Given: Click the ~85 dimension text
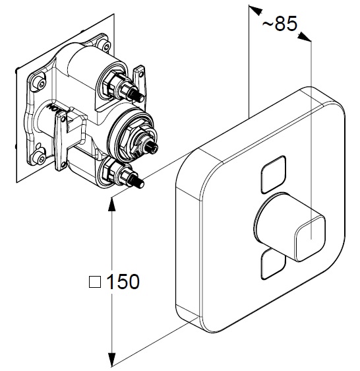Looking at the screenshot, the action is click(280, 24).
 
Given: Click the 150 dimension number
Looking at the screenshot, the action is click(123, 282).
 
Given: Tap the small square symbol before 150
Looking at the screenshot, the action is click(95, 282).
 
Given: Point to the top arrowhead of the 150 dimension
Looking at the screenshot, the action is click(111, 204).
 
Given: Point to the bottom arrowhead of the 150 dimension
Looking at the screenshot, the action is click(111, 360).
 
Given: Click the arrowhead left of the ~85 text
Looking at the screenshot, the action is click(255, 11).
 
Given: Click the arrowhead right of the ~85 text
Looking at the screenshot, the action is click(305, 37).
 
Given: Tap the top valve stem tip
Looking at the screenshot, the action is click(141, 98).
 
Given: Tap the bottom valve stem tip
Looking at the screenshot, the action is click(141, 184).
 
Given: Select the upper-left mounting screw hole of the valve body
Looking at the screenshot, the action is click(41, 84).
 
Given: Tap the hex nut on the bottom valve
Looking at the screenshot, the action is click(109, 170).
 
